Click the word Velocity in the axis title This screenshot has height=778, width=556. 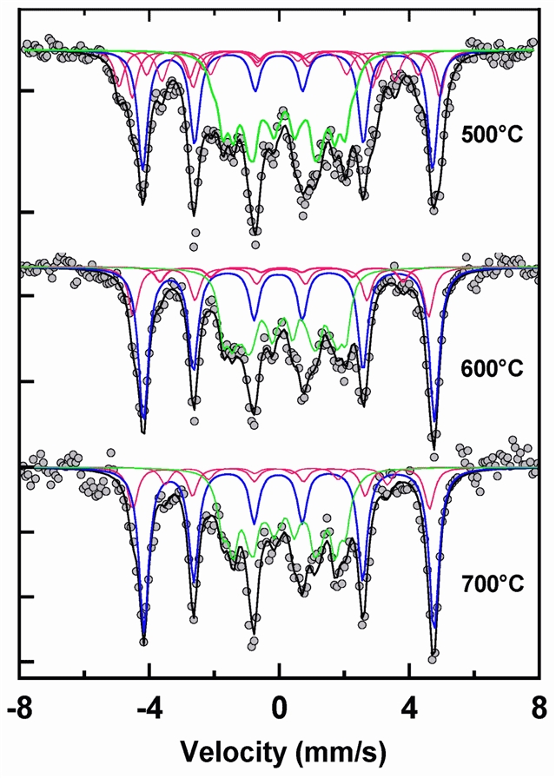pos(229,749)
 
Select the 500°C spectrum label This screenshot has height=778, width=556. pos(491,136)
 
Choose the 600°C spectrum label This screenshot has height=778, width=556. pos(493,368)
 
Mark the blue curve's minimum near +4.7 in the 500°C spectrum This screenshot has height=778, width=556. pos(431,168)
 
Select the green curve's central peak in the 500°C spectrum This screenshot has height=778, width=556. pos(284,113)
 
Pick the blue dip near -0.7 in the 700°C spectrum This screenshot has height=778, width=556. pos(255,524)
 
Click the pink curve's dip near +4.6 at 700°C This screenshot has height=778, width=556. pos(429,507)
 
